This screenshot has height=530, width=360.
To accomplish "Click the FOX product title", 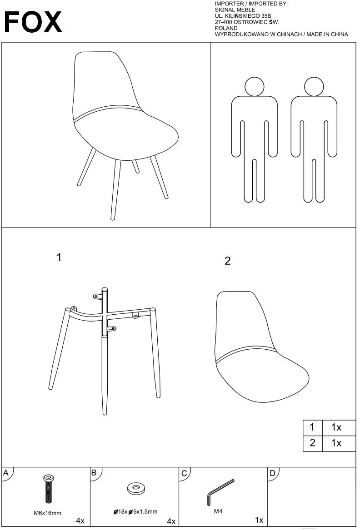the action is point(33,22).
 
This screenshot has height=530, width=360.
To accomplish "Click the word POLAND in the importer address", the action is point(226,29).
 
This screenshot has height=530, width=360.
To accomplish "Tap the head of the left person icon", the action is point(254,87).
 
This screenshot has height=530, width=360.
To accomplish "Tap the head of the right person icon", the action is point(314,87).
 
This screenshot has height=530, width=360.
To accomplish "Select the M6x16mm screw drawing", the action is point(48,489).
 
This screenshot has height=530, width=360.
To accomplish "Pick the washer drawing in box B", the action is point(135,488).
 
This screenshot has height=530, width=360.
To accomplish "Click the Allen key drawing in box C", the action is point(220,492).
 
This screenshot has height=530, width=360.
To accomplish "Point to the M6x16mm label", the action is point(47,513).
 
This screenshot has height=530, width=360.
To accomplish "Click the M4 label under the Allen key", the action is point(218,511).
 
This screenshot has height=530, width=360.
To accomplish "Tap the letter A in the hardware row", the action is point(6,473).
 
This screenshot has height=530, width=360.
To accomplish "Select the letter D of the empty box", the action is point(272,473).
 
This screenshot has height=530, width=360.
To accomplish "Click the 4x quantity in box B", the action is point(171,521).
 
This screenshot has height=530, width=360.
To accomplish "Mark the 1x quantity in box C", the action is point(259,520).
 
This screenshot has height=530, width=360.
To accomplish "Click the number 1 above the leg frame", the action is point(59,258).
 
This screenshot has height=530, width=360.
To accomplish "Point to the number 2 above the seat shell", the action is point(227,261).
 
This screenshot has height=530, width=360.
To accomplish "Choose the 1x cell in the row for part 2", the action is point(339,443).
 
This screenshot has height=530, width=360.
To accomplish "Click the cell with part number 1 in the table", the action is point(313,428).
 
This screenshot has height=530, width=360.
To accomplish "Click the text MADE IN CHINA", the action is point(327,35).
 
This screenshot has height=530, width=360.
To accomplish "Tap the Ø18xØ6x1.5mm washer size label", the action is point(135,512).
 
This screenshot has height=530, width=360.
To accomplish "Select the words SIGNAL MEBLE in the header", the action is point(235,10).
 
